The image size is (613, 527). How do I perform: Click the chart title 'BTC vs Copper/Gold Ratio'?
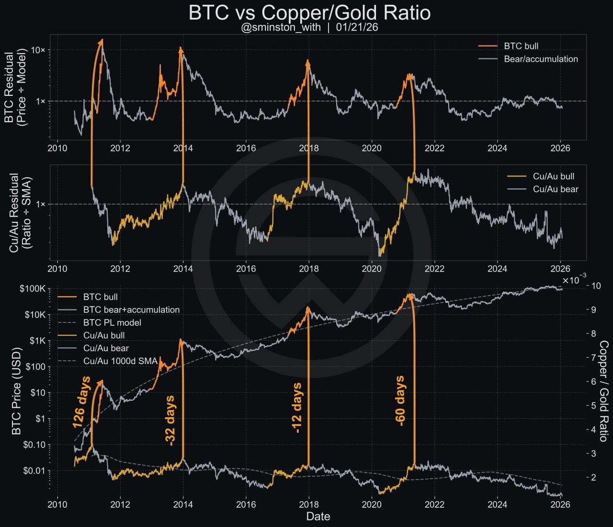(x=310, y=12)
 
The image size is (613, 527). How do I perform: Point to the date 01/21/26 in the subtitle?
(x=357, y=28)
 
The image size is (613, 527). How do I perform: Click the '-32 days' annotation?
(x=170, y=420)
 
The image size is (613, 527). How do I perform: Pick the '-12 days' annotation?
(x=297, y=408)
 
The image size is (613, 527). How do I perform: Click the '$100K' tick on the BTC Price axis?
(x=32, y=289)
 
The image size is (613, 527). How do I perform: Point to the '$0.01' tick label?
(x=34, y=470)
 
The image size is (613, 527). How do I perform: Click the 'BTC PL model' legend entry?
(x=112, y=322)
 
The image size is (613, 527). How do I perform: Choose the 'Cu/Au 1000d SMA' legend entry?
(x=120, y=361)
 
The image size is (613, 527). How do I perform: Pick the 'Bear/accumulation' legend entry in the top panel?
(x=541, y=59)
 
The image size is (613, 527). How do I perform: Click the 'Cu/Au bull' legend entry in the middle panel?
(x=553, y=176)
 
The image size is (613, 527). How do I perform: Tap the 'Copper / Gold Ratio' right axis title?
(x=604, y=391)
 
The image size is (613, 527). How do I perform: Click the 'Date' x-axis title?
(x=318, y=516)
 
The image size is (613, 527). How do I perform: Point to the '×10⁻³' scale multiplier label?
(x=574, y=280)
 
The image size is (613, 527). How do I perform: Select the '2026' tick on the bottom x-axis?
(x=560, y=504)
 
